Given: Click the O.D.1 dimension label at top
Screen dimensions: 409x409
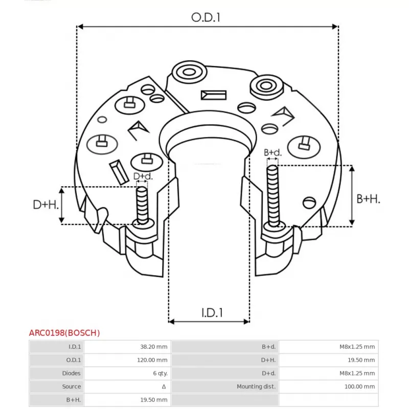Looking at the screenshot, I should coord(206,17).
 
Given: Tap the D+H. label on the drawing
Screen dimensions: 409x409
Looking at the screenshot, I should coord(46,205).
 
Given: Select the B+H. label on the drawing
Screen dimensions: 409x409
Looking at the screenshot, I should coord(368,198).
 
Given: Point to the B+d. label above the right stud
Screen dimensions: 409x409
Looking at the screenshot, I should coord(272,152).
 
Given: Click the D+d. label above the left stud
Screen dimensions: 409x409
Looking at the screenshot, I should coord(143,176).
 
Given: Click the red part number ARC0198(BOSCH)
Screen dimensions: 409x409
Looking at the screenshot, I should coord(64,333).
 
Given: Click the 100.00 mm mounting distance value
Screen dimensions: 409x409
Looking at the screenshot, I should coord(358,387).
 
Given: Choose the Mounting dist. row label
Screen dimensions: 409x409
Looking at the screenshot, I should coord(256,387).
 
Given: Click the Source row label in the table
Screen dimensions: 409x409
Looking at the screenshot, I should coord(72,387).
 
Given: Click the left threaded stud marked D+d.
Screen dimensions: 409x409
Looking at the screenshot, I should coord(142,204).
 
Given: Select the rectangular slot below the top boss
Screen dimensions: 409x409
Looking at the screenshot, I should coord(214,95).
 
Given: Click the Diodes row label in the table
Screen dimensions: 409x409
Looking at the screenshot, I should coord(71,373).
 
